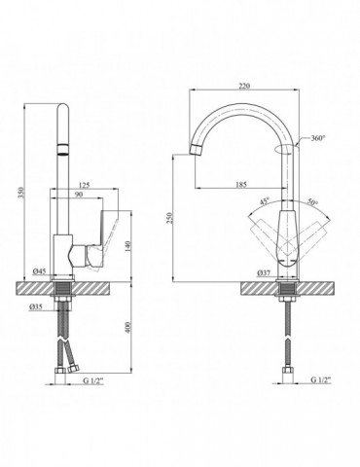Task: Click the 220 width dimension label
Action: (x=244, y=86)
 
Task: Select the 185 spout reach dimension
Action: (x=241, y=184)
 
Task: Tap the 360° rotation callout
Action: (x=318, y=138)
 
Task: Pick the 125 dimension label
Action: (x=84, y=185)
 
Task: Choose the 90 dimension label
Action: (x=79, y=195)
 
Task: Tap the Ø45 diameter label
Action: (x=39, y=270)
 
